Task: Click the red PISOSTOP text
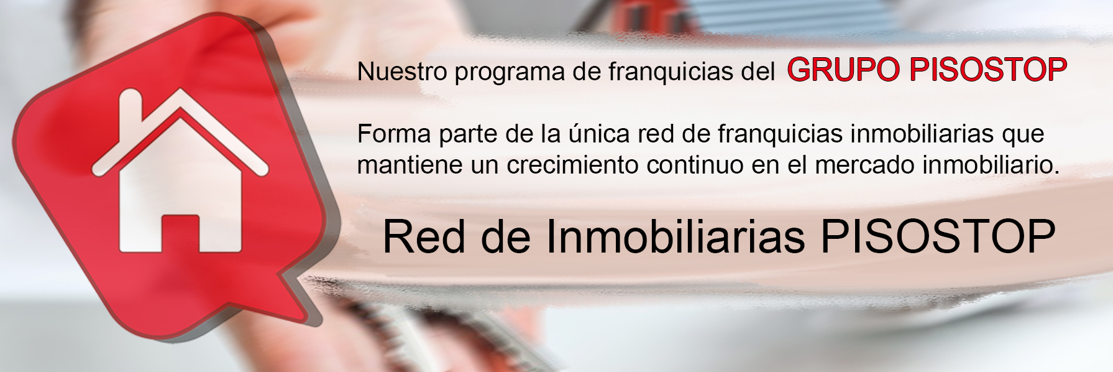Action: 988,70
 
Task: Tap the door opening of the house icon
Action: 180,234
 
